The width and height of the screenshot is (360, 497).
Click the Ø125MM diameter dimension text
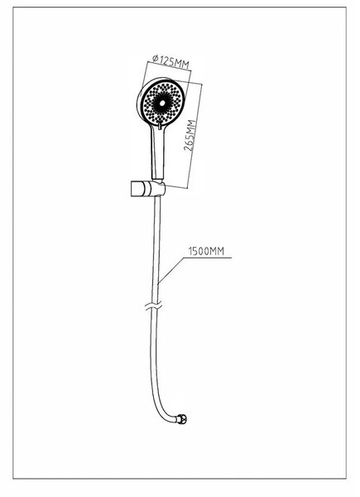[x=170, y=62]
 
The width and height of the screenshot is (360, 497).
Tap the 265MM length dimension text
[x=190, y=136]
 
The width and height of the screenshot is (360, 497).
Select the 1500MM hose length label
[x=206, y=251]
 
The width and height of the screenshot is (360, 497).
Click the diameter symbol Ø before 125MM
[x=156, y=58]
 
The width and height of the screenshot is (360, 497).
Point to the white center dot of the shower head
[x=162, y=103]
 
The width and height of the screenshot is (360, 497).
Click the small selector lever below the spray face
[x=160, y=126]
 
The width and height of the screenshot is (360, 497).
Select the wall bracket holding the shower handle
[x=148, y=189]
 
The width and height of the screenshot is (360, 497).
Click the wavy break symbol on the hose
[x=154, y=306]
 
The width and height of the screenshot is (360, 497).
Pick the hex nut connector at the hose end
[x=182, y=419]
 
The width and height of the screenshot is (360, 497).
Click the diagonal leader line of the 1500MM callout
[x=171, y=270]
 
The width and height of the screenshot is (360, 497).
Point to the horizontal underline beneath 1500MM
[x=208, y=258]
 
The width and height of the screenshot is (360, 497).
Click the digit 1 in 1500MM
[x=190, y=251]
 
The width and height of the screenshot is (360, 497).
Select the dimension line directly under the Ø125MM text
[x=170, y=67]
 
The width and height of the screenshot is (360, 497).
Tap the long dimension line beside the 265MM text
[x=195, y=136]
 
